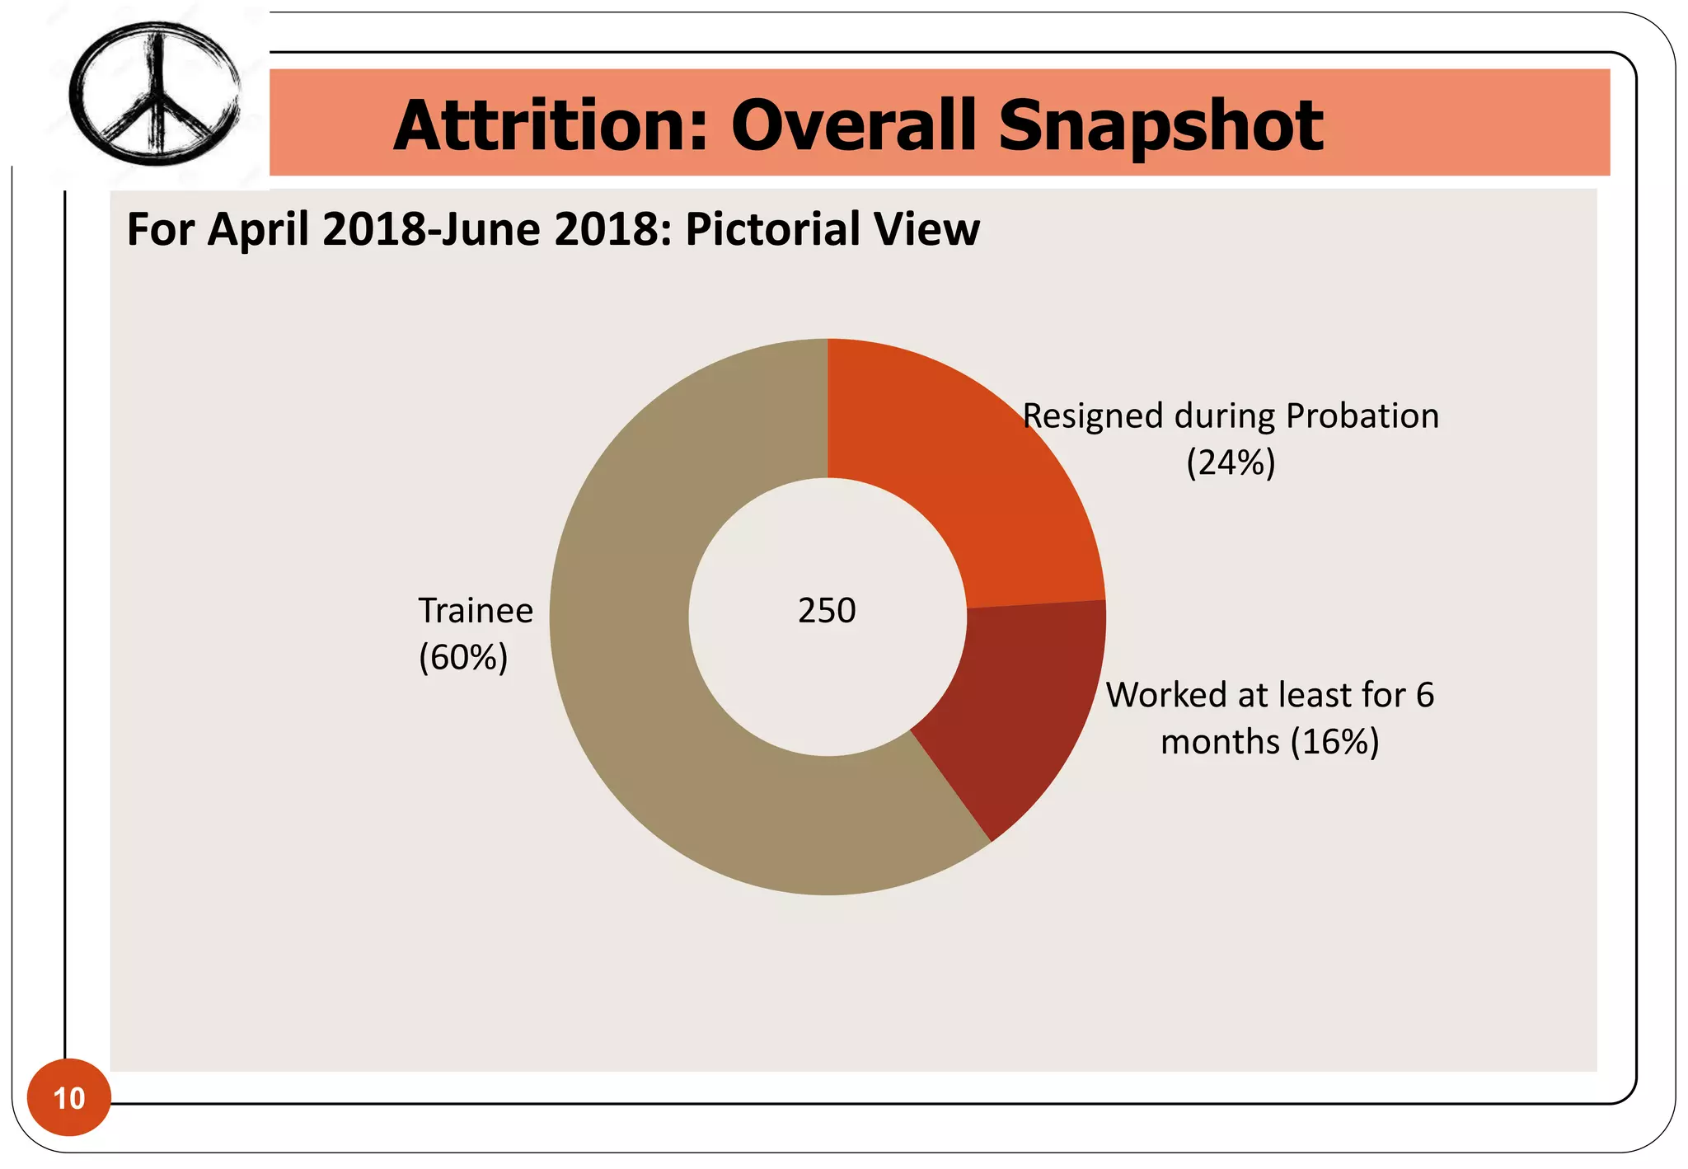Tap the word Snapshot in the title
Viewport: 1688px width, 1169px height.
click(x=1160, y=125)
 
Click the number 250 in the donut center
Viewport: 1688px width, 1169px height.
click(x=827, y=611)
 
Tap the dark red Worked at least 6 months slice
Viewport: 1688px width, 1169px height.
click(x=1022, y=701)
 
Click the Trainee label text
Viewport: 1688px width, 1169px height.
click(x=476, y=611)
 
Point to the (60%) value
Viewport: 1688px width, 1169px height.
click(x=463, y=657)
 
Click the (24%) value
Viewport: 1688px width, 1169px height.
click(x=1231, y=462)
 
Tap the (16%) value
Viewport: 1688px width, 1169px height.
click(x=1334, y=742)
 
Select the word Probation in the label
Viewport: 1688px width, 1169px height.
click(x=1362, y=416)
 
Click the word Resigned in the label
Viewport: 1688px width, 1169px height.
click(x=1093, y=416)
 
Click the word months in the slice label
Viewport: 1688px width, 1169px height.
click(x=1220, y=742)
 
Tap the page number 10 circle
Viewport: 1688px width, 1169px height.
click(x=69, y=1097)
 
